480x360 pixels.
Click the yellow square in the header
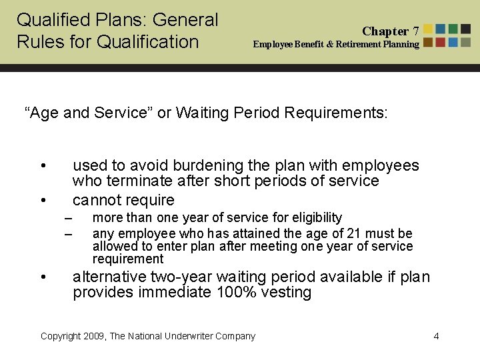point(428,29)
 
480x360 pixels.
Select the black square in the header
point(465,29)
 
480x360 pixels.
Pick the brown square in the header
point(428,41)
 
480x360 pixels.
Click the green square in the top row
point(453,29)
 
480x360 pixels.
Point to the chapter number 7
point(416,31)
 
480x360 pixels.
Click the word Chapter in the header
point(385,31)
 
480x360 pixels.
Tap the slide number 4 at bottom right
point(436,336)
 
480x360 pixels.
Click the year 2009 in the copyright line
point(93,336)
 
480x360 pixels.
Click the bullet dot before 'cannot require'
point(43,200)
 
